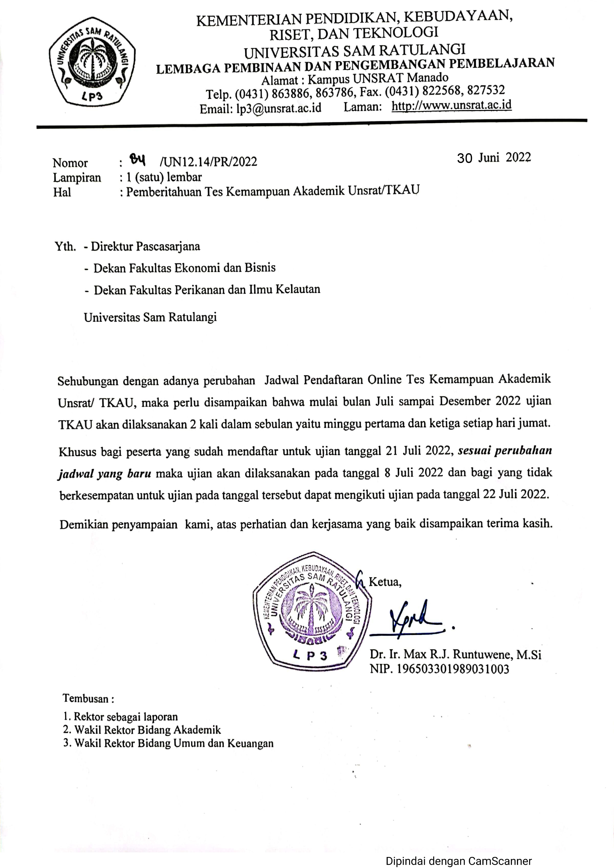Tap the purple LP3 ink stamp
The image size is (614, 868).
click(x=312, y=612)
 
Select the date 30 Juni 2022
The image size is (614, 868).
click(x=494, y=158)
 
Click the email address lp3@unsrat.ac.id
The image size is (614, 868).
click(x=279, y=108)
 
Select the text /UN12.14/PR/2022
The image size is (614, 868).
click(x=208, y=162)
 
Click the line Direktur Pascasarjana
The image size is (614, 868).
click(x=145, y=247)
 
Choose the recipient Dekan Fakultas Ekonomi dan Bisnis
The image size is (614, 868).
click(x=184, y=268)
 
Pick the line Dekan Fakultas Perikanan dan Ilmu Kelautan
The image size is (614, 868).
click(x=207, y=290)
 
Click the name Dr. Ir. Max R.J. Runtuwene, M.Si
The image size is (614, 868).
click(x=455, y=654)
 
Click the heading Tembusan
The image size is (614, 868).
click(x=88, y=698)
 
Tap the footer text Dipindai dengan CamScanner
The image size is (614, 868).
click(x=458, y=861)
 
